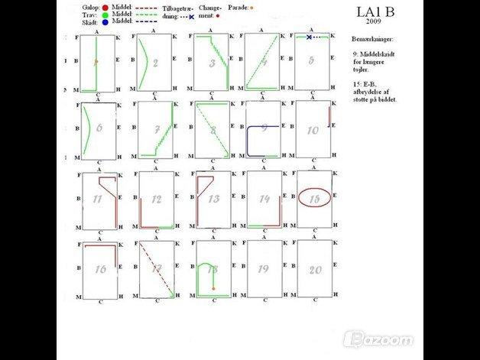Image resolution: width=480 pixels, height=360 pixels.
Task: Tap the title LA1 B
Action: click(375, 11)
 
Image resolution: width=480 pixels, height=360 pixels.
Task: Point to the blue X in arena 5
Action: click(309, 37)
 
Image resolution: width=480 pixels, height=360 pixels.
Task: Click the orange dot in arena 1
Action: click(96, 61)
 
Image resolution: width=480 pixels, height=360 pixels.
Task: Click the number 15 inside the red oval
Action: click(314, 198)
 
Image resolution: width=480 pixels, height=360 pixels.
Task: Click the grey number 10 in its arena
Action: click(313, 130)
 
